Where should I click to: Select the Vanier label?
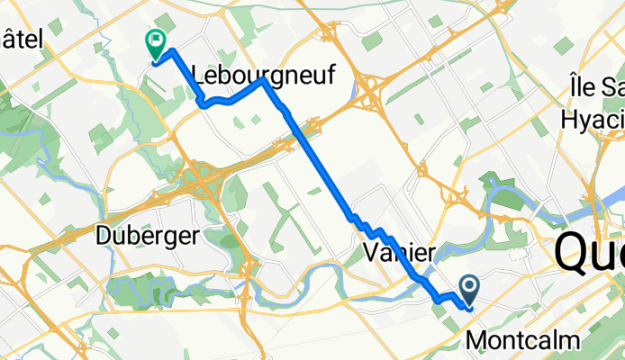[x=399, y=251]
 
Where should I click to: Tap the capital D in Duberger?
[x=102, y=237]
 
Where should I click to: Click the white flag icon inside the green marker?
[x=156, y=39]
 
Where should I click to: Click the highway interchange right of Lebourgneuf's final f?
[x=370, y=88]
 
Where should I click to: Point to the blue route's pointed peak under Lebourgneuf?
[x=263, y=80]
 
